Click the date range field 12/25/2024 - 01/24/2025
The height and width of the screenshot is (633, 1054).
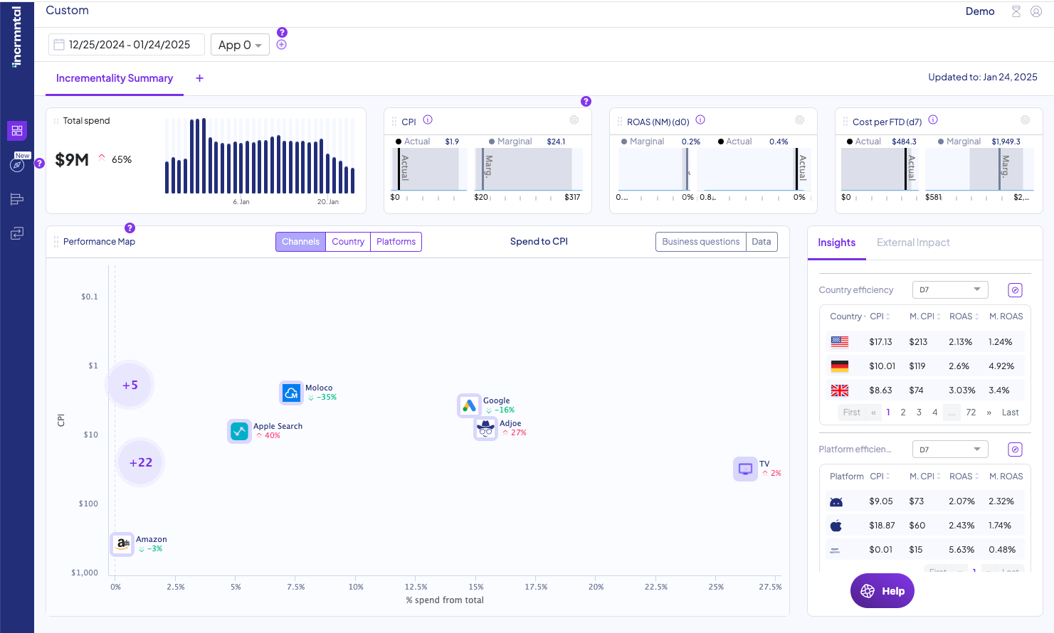[127, 45]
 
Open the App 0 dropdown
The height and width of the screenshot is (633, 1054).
[240, 45]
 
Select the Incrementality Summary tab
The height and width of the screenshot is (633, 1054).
[115, 78]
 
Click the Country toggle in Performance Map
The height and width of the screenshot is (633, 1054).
[348, 242]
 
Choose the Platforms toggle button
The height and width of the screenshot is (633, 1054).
[396, 242]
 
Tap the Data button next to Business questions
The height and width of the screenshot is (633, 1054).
[761, 242]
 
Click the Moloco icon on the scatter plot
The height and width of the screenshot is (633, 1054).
[291, 393]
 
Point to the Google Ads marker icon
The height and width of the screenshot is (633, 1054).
[469, 405]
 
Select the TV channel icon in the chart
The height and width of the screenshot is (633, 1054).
[745, 469]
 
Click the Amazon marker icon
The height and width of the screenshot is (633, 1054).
[122, 543]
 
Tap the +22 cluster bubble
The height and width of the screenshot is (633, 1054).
[141, 462]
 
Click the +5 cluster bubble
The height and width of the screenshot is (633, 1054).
[130, 385]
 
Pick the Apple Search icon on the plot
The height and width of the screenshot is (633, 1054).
[240, 431]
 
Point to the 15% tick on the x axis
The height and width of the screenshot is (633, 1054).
[476, 587]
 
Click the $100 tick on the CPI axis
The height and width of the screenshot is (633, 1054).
[88, 504]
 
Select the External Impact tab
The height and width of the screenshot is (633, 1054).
[913, 243]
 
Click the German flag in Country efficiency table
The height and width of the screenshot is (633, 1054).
[840, 366]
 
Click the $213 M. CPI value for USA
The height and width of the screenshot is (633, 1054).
[918, 342]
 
